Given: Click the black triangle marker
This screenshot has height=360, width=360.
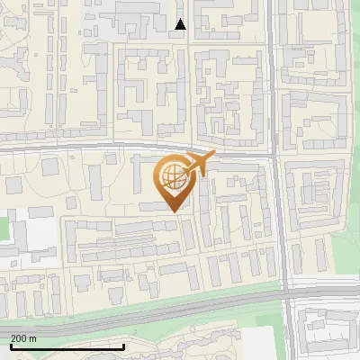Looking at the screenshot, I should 181,25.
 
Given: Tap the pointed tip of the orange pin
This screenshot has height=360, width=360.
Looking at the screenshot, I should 174,211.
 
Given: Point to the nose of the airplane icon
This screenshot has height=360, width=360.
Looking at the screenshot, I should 214,156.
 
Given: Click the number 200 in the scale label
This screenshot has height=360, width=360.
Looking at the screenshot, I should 20,338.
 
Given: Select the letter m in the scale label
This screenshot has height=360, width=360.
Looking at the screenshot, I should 33,338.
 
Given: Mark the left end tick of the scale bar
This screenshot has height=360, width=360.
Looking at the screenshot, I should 11,346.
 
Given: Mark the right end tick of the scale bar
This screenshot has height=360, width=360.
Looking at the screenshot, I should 124,346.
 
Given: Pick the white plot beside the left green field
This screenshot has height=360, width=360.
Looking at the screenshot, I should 40,232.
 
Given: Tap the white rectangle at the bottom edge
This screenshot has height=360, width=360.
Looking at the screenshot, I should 259,345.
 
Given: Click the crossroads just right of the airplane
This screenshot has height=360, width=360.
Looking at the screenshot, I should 274,156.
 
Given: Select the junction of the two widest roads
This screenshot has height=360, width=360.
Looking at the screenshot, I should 286,292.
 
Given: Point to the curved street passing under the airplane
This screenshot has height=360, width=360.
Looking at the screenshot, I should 135,147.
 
